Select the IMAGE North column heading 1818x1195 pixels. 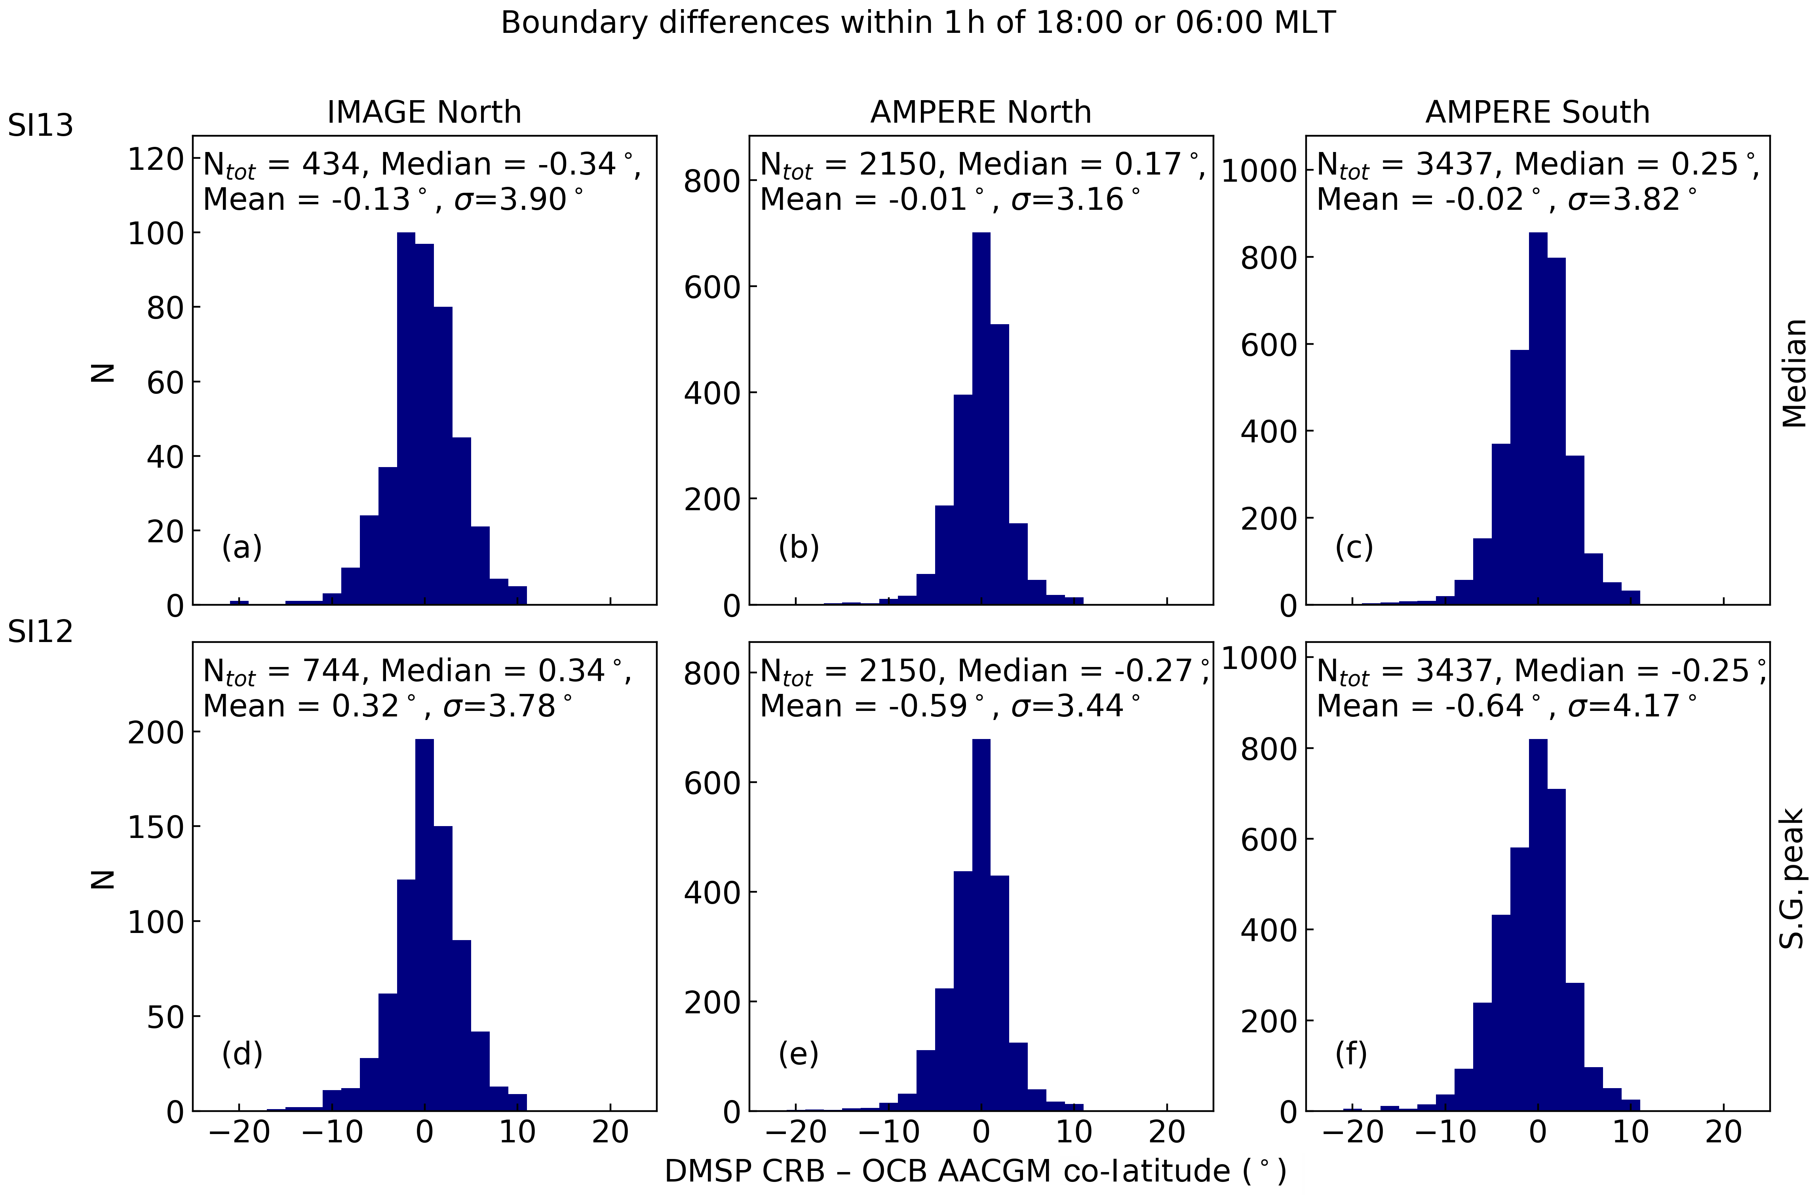tap(424, 112)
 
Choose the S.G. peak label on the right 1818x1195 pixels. tap(1793, 878)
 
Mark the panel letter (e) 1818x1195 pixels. tap(798, 1054)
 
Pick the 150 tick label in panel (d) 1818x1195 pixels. tap(156, 828)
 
